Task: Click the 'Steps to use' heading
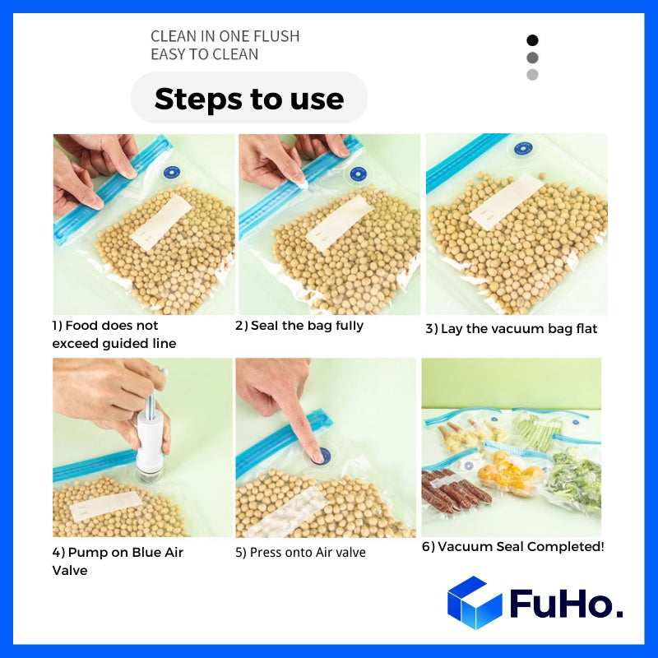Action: (x=248, y=99)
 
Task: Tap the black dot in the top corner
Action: (x=532, y=40)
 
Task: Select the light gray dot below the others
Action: (x=532, y=75)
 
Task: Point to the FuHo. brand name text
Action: (x=566, y=605)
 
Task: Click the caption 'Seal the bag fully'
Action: (x=299, y=326)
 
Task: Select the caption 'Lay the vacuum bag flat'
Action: (x=511, y=329)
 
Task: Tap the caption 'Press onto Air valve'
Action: (x=300, y=553)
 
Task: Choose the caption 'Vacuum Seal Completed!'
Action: (x=512, y=547)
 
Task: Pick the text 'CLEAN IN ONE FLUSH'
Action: (x=225, y=36)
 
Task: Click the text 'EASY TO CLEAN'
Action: (x=204, y=54)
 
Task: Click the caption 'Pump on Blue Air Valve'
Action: (x=118, y=561)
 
